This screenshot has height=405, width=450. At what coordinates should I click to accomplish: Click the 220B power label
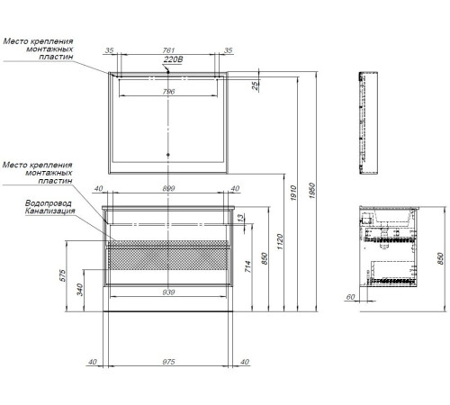pyautogui.click(x=173, y=59)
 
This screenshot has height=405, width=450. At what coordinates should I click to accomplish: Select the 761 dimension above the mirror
pyautogui.click(x=168, y=50)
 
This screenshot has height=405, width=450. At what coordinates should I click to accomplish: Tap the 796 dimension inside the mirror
pyautogui.click(x=168, y=92)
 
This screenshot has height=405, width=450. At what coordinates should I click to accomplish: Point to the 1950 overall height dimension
pyautogui.click(x=312, y=190)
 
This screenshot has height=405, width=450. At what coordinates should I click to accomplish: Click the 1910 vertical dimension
pyautogui.click(x=293, y=193)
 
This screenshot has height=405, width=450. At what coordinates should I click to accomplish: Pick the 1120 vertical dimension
pyautogui.click(x=280, y=242)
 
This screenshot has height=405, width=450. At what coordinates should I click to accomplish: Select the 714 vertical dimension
pyautogui.click(x=247, y=266)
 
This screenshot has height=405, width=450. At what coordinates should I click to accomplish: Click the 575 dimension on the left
pyautogui.click(x=62, y=275)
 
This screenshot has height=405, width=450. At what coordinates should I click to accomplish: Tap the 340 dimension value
pyautogui.click(x=80, y=290)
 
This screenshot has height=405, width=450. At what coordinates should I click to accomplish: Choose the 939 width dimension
pyautogui.click(x=168, y=292)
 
